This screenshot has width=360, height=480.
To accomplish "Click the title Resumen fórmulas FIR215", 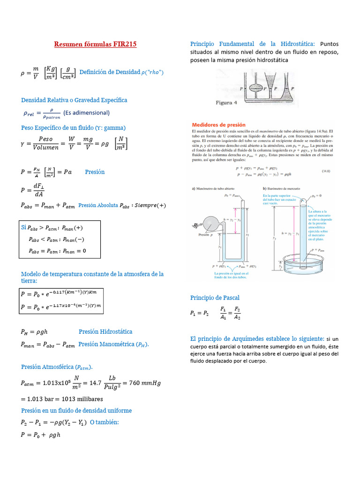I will pos(95,45).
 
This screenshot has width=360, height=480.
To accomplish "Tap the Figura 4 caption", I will pos(229,103).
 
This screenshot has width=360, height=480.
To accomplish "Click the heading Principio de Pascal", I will pos(215,298).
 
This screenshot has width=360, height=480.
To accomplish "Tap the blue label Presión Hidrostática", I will pos(105,331).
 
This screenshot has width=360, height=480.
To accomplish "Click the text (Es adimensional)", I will pos(86,112).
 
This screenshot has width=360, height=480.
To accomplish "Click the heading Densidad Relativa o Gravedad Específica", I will pos(74,100).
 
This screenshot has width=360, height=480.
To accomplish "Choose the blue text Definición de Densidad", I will pos(110,72).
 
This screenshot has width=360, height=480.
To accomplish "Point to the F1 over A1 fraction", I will pos(223,313).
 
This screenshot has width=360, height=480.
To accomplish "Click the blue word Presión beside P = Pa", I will pos(95,172).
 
